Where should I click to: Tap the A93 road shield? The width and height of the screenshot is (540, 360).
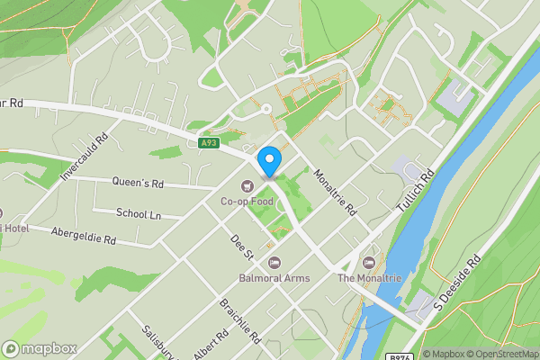tap(209, 142)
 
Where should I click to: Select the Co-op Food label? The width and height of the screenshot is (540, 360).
tap(247, 202)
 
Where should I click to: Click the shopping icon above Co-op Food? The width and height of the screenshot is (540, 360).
tap(246, 186)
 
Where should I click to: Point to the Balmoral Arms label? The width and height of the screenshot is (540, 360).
tap(274, 278)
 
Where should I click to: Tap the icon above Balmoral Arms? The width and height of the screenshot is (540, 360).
tap(274, 263)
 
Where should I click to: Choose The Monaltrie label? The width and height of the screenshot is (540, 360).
tap(368, 278)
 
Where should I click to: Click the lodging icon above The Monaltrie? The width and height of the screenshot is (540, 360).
tap(368, 263)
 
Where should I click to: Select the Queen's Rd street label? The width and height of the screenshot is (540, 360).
tap(138, 182)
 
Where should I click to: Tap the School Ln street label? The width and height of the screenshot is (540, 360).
tap(139, 213)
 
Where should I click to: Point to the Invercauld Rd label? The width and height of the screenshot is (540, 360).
tap(85, 157)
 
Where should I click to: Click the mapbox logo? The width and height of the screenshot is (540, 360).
tap(40, 348)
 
